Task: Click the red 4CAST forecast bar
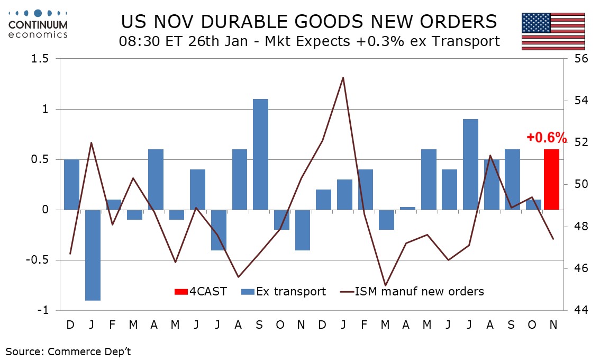[x=552, y=179]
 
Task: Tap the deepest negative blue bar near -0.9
[x=93, y=255]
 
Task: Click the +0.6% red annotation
[x=546, y=138]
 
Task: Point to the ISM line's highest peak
[x=343, y=78]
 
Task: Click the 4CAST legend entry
[x=201, y=291]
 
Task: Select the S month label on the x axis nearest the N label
[x=511, y=324]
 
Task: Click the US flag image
[x=553, y=31]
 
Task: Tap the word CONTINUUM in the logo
[x=38, y=24]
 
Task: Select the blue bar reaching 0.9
[x=470, y=165]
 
